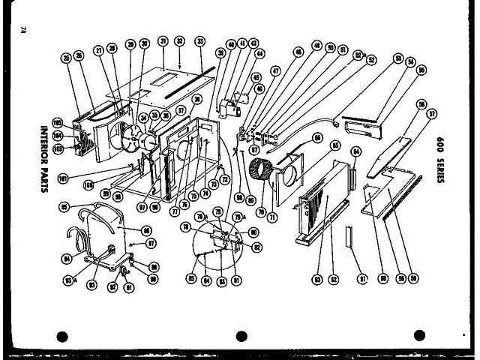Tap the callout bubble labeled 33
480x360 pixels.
199,41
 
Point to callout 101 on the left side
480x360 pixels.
63,178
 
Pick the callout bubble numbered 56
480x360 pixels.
422,104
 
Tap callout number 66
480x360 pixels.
317,138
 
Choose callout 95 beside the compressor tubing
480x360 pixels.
64,206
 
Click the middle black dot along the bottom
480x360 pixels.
241,337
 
